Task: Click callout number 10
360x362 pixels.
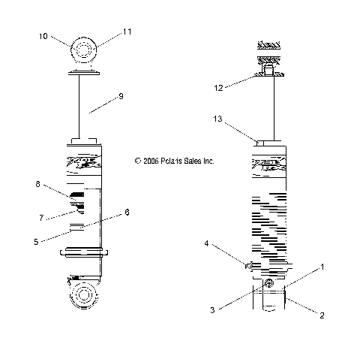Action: click(43, 36)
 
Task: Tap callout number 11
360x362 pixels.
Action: click(127, 32)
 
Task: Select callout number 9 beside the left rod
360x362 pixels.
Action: click(121, 96)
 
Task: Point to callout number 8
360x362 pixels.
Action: click(37, 184)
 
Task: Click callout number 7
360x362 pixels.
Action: click(41, 218)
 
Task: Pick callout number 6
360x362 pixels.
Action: click(127, 213)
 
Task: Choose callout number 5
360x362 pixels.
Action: click(36, 242)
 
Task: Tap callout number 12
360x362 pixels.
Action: click(218, 88)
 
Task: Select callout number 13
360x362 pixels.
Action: click(217, 119)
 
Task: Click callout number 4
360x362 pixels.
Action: click(206, 243)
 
